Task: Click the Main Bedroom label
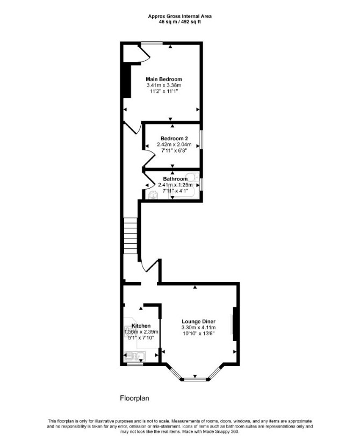tap(164, 79)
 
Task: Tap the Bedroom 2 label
tap(174, 139)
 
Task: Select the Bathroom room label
tap(175, 179)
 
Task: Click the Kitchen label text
tap(141, 326)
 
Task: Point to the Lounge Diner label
tap(199, 321)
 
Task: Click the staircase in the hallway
tap(131, 236)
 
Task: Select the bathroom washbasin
tap(153, 195)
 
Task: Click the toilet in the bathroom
tap(192, 177)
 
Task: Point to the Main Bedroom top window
tap(152, 44)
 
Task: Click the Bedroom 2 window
tap(201, 139)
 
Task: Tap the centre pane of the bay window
tap(195, 379)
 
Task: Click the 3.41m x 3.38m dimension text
tap(164, 85)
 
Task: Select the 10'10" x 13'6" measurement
tap(199, 334)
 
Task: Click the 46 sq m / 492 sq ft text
tap(179, 21)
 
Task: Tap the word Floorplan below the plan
tap(134, 398)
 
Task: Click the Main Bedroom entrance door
tap(133, 127)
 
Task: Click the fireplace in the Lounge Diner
tap(235, 324)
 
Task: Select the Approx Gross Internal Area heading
tap(179, 16)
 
